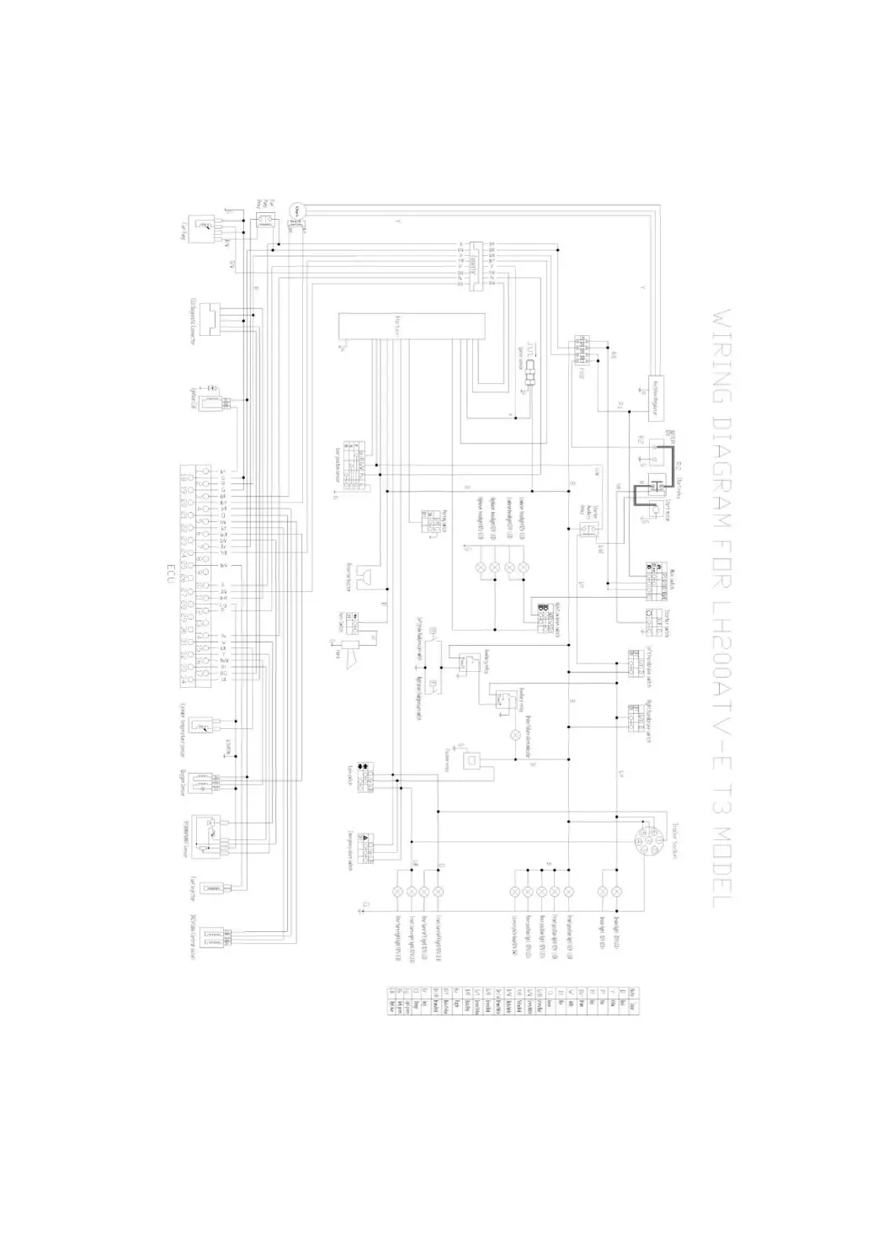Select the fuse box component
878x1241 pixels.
[x=584, y=349]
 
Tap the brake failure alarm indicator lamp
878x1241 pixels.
[x=515, y=735]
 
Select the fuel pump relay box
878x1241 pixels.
[x=265, y=221]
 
